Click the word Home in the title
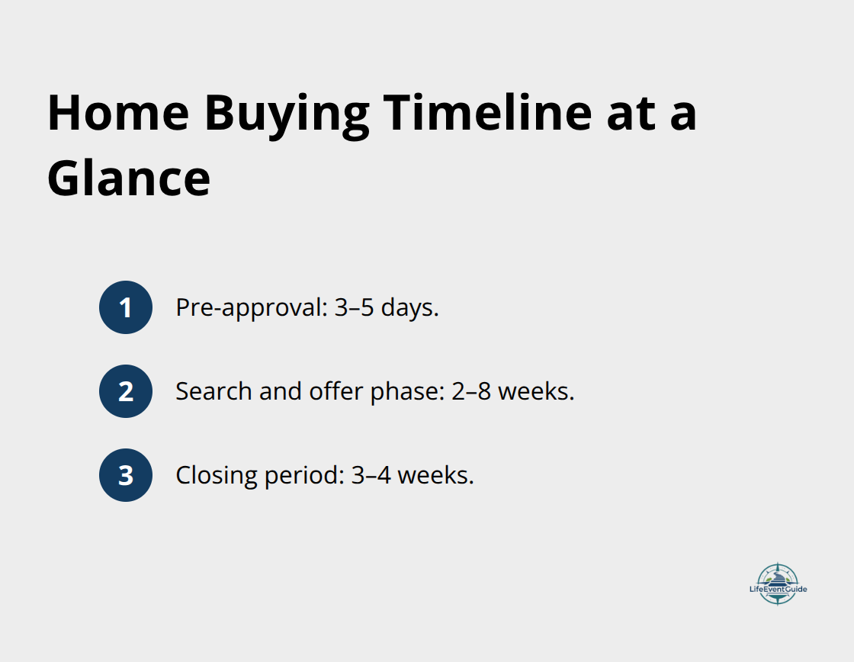click(x=117, y=113)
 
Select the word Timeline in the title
click(x=487, y=113)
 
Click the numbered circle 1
click(x=126, y=307)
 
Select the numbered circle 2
click(x=126, y=391)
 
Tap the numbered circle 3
click(x=126, y=475)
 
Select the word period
click(x=305, y=476)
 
